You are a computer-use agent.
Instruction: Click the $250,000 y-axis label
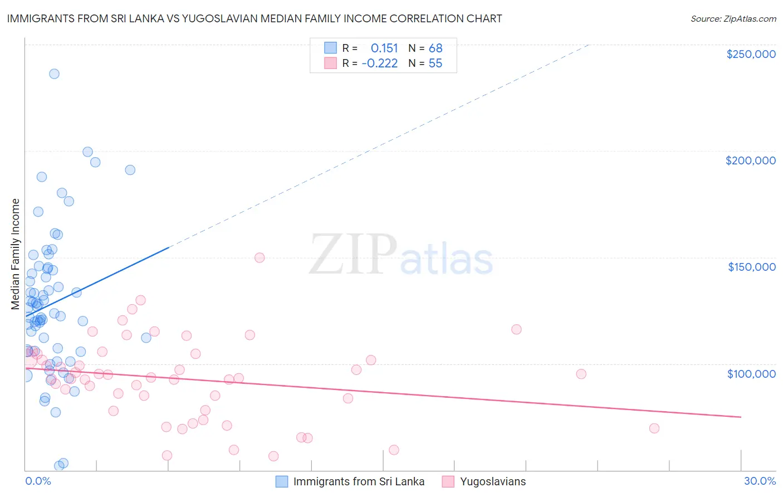[x=751, y=54]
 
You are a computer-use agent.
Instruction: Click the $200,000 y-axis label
[x=750, y=160]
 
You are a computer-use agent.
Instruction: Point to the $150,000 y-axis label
[x=752, y=267]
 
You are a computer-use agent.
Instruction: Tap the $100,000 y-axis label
[x=751, y=373]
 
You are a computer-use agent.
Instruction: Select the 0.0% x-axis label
[x=38, y=481]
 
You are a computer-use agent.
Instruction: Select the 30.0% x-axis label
[x=760, y=481]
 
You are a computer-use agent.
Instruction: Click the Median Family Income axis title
[x=16, y=254]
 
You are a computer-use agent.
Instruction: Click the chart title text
[x=255, y=18]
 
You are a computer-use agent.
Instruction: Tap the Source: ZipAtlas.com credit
[x=733, y=18]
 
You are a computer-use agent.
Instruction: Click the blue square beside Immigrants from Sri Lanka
[x=282, y=481]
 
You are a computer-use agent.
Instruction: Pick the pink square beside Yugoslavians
[x=448, y=481]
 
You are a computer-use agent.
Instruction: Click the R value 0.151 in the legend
[x=384, y=48]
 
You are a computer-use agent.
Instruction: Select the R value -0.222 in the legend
[x=380, y=64]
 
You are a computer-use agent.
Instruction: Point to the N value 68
[x=435, y=48]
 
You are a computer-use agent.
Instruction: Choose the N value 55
[x=435, y=64]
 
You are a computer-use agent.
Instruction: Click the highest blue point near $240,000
[x=54, y=74]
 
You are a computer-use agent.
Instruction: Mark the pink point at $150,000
[x=260, y=257]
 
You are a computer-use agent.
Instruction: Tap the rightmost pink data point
[x=654, y=428]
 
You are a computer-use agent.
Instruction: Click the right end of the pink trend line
[x=741, y=417]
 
